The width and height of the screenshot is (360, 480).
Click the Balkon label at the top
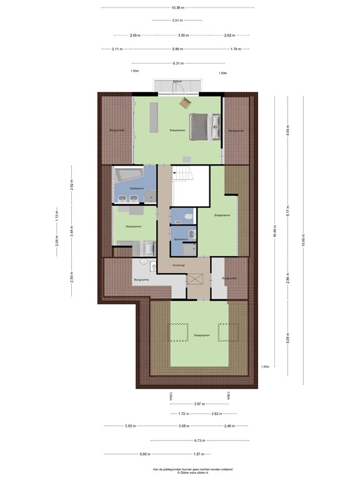click(x=178, y=82)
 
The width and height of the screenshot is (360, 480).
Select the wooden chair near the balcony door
click(x=185, y=103)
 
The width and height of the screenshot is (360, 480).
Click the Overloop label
click(x=179, y=264)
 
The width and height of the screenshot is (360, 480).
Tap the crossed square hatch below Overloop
click(x=197, y=279)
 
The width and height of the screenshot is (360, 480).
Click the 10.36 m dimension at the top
click(x=178, y=7)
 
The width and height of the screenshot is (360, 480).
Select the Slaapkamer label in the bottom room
click(x=201, y=335)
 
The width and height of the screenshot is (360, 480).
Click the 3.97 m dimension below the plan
click(x=199, y=404)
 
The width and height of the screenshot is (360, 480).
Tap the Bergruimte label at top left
click(x=117, y=130)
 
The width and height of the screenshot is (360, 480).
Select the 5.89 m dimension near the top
click(x=178, y=49)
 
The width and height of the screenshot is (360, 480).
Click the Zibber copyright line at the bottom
click(x=179, y=473)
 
